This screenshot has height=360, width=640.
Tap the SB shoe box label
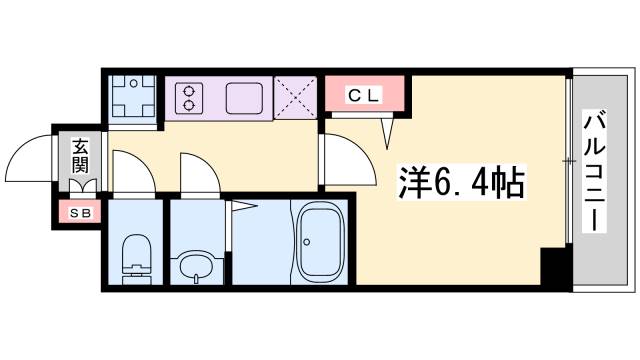coord(76,212)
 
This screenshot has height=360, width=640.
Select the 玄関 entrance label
coord(80,155)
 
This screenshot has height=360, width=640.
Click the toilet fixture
coord(134,257)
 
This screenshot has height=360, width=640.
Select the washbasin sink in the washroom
coord(196,266)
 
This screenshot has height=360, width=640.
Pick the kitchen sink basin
coord(246,99)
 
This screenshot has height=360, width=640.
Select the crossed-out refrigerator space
coord(298,97)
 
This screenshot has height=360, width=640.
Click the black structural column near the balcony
coord(553,267)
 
